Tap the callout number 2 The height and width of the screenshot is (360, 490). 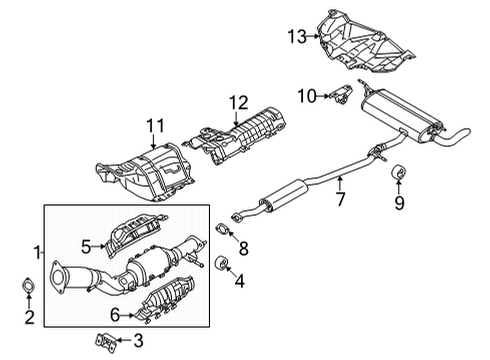[28, 319]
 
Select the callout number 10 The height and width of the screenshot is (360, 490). [308, 96]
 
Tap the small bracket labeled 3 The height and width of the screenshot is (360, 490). [111, 340]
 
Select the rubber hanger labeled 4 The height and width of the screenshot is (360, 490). [222, 266]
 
